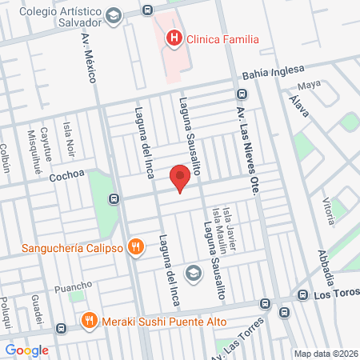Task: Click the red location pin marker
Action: pos(181,177)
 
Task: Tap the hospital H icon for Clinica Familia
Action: pos(173,38)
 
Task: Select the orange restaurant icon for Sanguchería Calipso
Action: pos(137,247)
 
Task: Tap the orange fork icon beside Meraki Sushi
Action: pos(89,322)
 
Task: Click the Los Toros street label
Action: pos(336,295)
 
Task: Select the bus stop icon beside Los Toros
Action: pos(302,294)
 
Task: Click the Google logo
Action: pos(26,350)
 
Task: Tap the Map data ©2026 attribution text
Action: pos(326,354)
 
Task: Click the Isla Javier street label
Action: pos(228,224)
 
